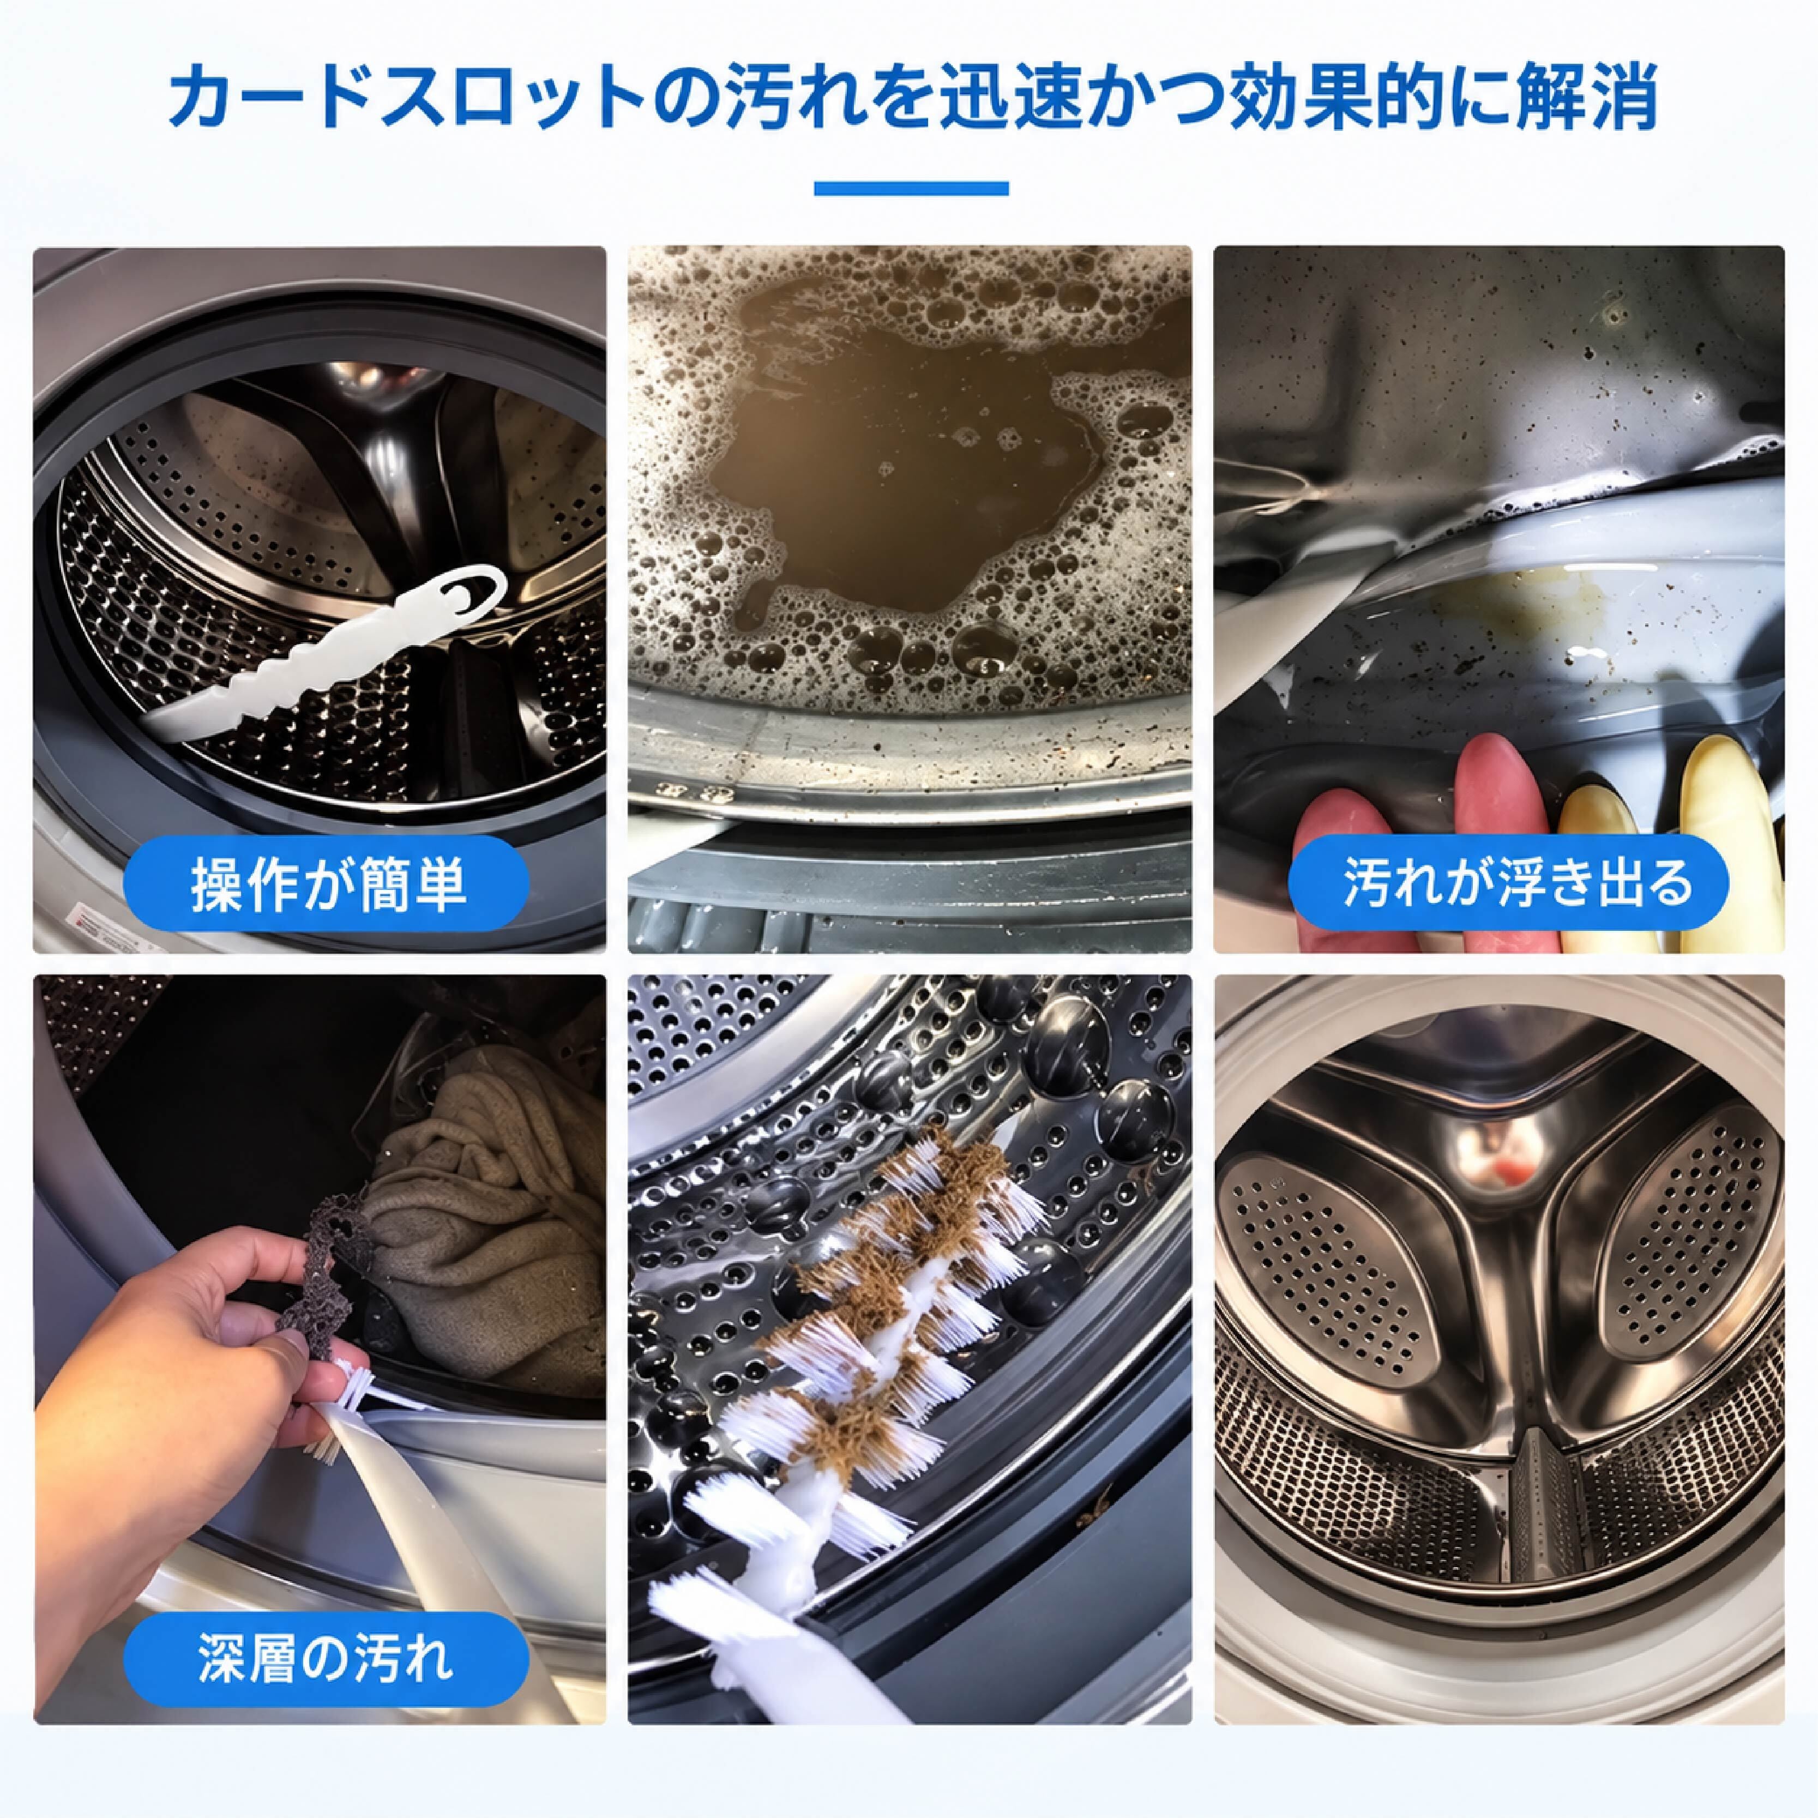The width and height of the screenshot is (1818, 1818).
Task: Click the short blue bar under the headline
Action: pyautogui.click(x=910, y=188)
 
